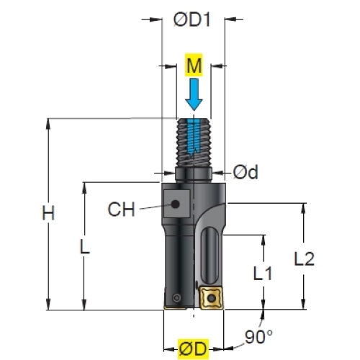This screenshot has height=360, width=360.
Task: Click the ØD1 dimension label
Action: [x=192, y=19]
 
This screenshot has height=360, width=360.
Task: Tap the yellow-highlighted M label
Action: [x=194, y=66]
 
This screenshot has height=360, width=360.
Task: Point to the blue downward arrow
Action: [x=194, y=94]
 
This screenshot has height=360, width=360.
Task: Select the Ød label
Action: [x=246, y=172]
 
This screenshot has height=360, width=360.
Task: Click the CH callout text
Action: [x=122, y=209]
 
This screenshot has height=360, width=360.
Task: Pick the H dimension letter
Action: [x=48, y=213]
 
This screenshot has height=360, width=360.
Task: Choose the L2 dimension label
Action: [x=304, y=258]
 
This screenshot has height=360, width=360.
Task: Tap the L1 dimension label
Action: [x=263, y=274]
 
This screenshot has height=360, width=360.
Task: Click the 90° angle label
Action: [x=258, y=336]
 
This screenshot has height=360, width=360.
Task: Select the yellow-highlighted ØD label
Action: [x=193, y=349]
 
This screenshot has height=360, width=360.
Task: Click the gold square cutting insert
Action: [x=211, y=298]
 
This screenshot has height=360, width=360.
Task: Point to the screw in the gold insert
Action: [x=211, y=298]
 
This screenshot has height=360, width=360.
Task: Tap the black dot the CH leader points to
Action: [x=176, y=204]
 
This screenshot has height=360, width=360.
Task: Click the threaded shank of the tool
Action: [x=194, y=143]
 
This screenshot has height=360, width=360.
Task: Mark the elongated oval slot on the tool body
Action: [x=210, y=256]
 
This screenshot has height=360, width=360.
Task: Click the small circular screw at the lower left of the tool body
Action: [x=177, y=298]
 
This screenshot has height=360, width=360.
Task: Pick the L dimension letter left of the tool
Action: [x=84, y=247]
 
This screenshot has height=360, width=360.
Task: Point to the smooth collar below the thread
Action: [x=194, y=175]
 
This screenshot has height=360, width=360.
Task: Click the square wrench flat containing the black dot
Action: [x=177, y=204]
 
